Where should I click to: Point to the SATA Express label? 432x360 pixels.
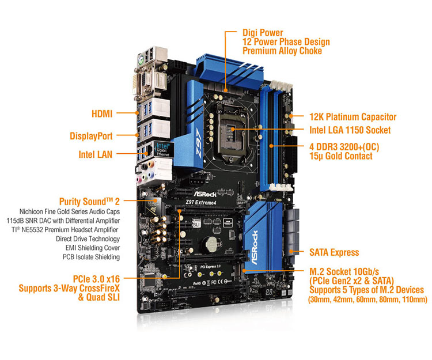(x=334, y=252)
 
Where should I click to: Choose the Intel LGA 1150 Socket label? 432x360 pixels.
(x=349, y=130)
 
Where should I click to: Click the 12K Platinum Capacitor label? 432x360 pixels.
(x=353, y=117)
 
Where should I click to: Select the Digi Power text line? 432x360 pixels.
(x=263, y=33)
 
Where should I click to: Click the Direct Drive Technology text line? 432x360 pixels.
(x=87, y=238)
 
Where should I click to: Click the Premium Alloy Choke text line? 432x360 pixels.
(x=282, y=51)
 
